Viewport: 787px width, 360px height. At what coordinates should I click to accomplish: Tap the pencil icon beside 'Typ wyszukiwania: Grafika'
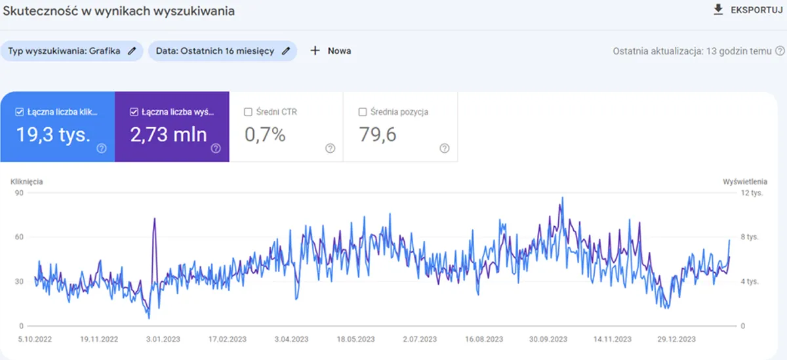pyautogui.click(x=132, y=50)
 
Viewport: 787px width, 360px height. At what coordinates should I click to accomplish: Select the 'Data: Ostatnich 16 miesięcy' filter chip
pyautogui.click(x=215, y=50)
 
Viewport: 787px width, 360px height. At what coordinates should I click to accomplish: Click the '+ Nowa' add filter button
pyautogui.click(x=331, y=50)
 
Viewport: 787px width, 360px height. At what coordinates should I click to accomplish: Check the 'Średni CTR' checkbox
pyautogui.click(x=248, y=112)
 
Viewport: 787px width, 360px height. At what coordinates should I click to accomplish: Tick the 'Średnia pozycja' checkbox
pyautogui.click(x=363, y=112)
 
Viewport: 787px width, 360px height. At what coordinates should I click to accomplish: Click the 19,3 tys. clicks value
pyautogui.click(x=53, y=134)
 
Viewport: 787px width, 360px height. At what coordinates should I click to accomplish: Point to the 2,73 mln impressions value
pyautogui.click(x=169, y=134)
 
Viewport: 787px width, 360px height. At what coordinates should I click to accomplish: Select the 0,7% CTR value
pyautogui.click(x=265, y=134)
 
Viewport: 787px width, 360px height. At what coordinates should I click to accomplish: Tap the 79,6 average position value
pyautogui.click(x=378, y=134)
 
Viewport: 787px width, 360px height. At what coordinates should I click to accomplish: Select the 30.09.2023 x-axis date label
pyautogui.click(x=548, y=339)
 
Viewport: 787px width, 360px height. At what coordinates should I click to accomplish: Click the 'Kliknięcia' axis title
pyautogui.click(x=27, y=181)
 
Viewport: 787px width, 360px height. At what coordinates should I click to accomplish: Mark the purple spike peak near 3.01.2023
pyautogui.click(x=154, y=218)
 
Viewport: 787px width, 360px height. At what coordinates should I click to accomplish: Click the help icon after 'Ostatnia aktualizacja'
pyautogui.click(x=780, y=50)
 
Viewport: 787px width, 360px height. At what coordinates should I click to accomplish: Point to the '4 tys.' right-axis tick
pyautogui.click(x=749, y=281)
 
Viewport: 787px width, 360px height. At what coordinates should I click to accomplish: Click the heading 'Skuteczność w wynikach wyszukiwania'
pyautogui.click(x=119, y=11)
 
